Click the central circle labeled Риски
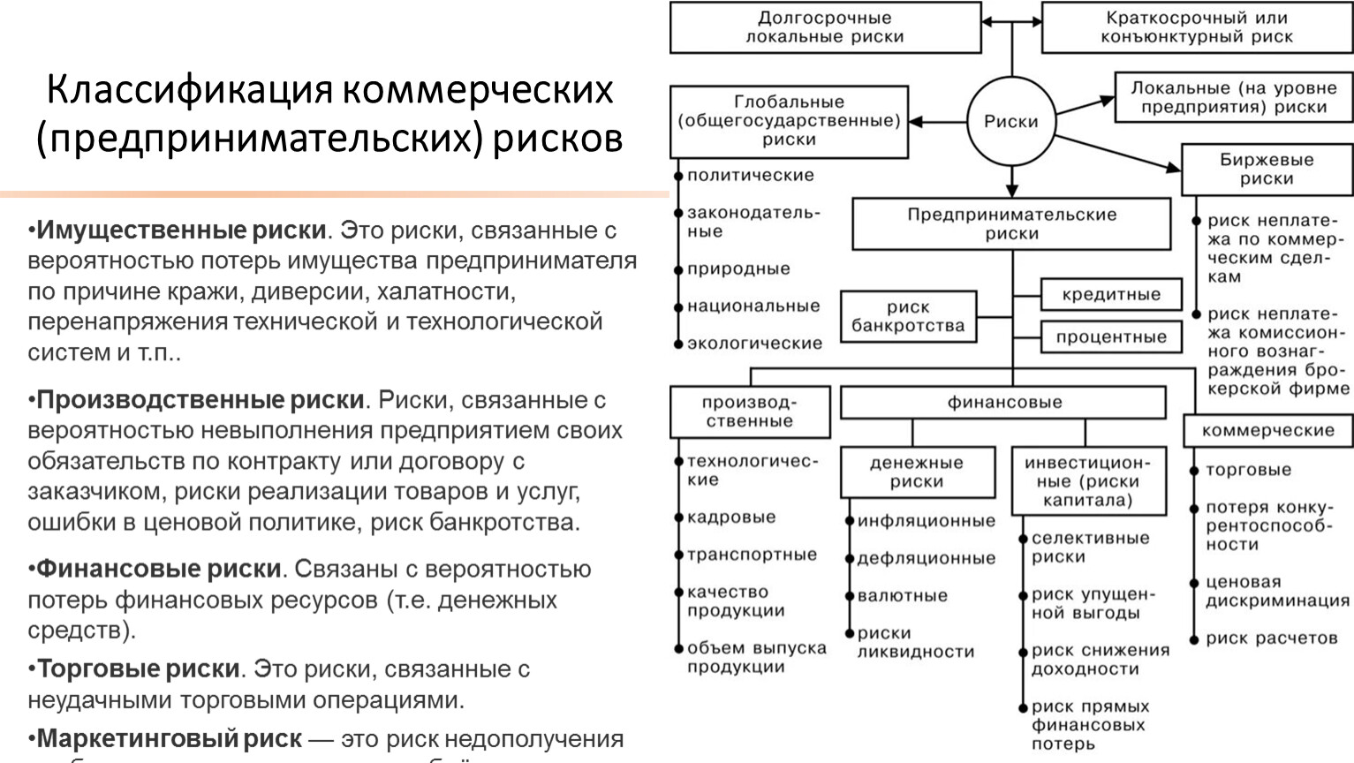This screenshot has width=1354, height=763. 1011,122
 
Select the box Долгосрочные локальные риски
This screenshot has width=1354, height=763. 825,27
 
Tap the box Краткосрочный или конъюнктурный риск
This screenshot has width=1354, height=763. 1196,27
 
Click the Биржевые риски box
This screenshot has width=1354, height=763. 1267,170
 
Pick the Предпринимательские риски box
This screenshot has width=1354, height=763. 1011,224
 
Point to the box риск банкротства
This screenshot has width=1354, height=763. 908,316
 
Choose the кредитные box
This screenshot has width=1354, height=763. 1110,295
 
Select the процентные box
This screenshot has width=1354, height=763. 1110,337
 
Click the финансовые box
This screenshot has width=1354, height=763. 1003,403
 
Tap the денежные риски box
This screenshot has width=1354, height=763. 916,472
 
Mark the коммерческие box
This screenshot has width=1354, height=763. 1267,430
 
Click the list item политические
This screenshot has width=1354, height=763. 750,175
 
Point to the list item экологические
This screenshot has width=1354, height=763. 754,343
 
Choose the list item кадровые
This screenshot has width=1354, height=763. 730,517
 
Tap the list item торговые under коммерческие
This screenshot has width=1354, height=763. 1248,470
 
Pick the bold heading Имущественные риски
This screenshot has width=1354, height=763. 181,230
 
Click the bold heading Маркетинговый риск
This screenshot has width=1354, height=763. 169,738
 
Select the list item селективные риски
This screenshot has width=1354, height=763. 1090,548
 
